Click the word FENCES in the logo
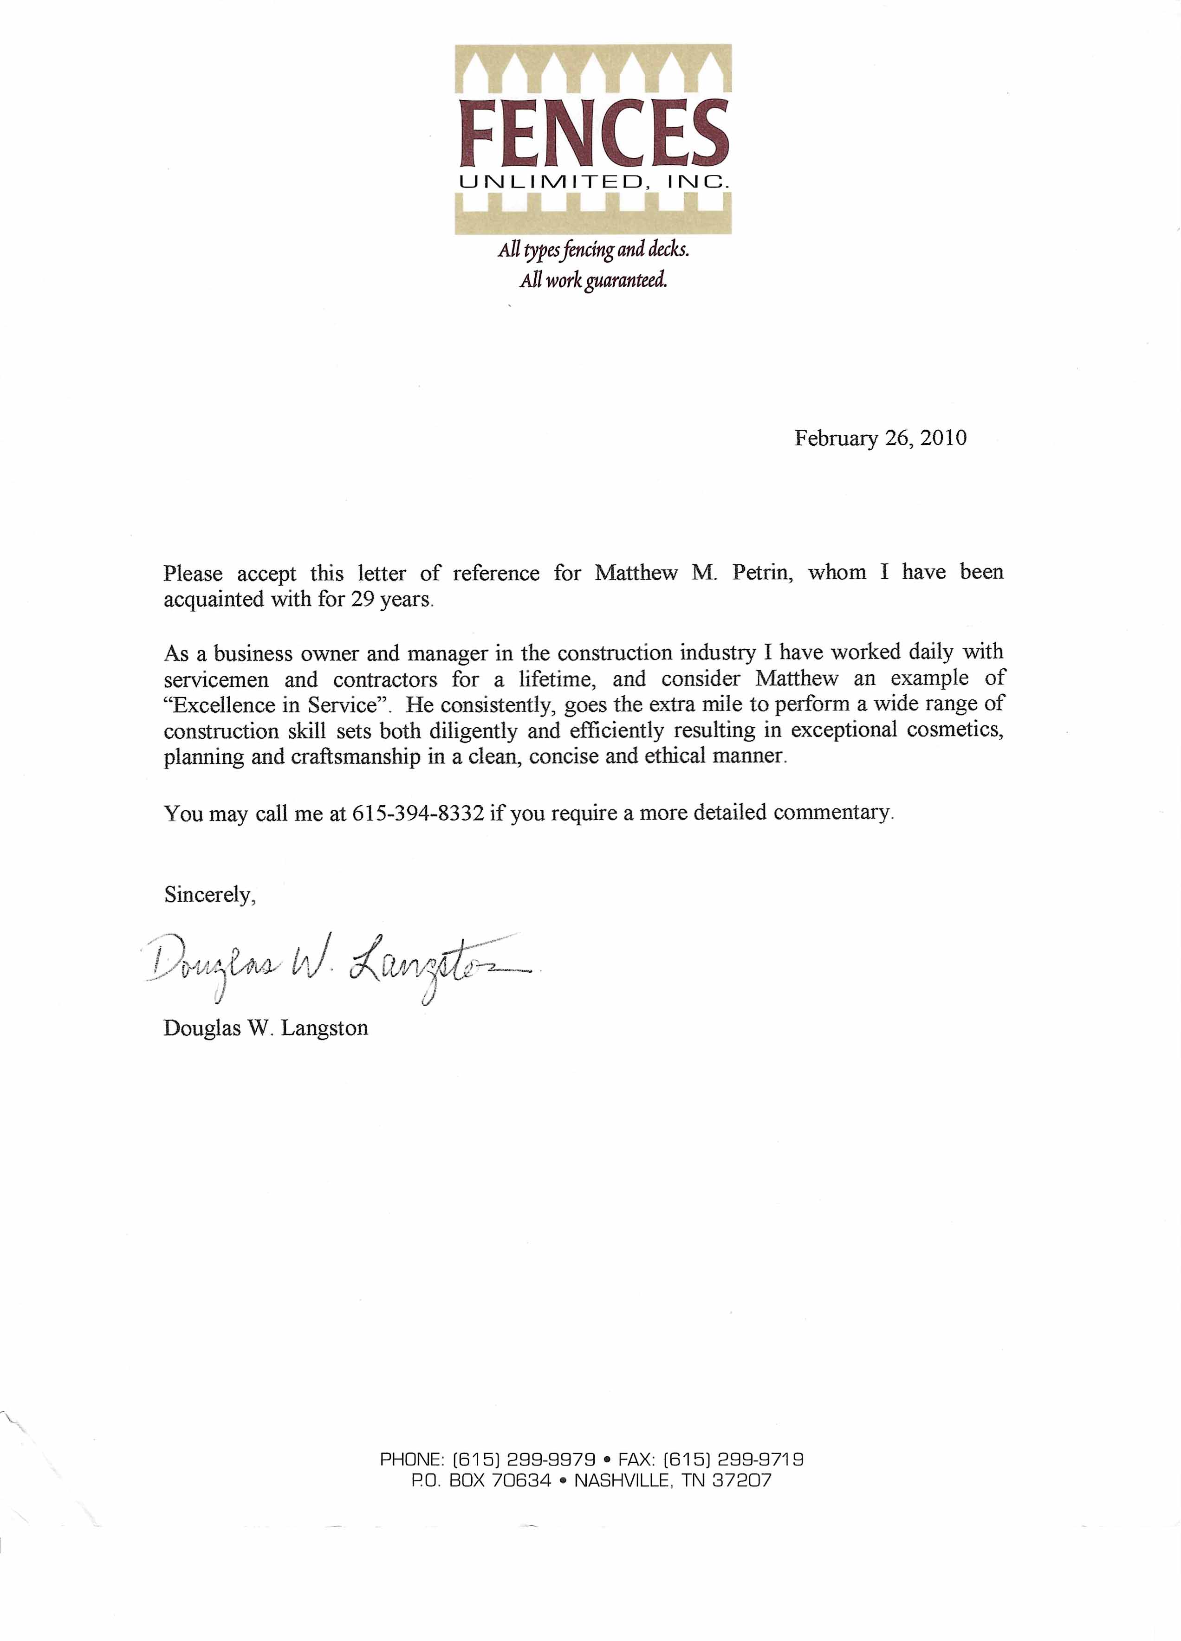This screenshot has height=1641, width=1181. pos(593,135)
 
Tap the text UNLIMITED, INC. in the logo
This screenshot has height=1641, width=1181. pos(593,182)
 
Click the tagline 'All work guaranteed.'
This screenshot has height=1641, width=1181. pos(593,280)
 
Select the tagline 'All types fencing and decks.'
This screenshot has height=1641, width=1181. pos(593,250)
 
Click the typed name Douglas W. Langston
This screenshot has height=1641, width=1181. pos(266,1028)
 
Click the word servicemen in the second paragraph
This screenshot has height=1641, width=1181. pos(216,679)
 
